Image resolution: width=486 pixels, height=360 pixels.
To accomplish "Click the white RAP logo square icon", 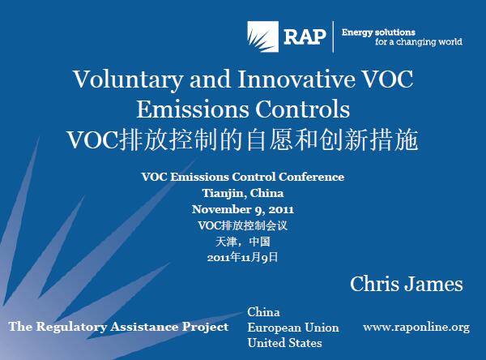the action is coord(262,36).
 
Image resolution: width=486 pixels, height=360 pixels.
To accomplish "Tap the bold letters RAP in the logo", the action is coord(305,37).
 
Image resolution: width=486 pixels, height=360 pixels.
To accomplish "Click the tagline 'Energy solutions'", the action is coord(378,32).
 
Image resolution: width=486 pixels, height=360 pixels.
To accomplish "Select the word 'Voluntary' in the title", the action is coord(128,79).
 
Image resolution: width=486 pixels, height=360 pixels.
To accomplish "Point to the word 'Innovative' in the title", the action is coord(296,79).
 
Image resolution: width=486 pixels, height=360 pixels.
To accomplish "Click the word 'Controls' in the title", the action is coord(302,109).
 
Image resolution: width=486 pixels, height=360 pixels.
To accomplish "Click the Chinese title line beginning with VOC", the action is coord(243,139).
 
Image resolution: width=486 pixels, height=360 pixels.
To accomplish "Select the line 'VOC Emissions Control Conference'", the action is coord(243,177).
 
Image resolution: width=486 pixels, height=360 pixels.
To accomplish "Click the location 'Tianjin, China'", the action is coord(243,193).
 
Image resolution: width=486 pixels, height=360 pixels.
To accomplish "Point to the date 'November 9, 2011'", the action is coord(243,209).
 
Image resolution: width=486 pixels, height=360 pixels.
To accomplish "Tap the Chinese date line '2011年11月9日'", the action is coord(243,257).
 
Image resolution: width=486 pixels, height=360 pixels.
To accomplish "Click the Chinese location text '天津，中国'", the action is coord(243,242).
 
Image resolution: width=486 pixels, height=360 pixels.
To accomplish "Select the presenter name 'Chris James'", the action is coord(407,284).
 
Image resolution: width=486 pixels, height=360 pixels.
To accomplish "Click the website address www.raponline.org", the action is coord(416,327).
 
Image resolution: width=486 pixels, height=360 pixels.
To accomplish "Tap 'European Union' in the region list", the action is coord(293,328).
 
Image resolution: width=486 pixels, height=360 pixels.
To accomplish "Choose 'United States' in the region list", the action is coord(284,343).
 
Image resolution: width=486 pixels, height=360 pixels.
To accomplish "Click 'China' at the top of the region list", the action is coord(263,312).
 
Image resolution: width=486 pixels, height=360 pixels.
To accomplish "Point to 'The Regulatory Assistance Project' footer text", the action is coord(119,327).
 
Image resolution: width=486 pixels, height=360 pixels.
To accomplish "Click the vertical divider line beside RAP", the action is coord(333,36).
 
